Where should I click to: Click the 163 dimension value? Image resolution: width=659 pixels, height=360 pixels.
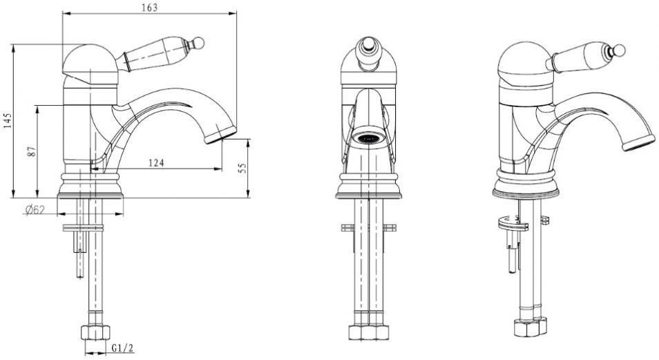coord(150,8)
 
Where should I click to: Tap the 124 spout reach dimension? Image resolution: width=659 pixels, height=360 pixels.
coord(156,162)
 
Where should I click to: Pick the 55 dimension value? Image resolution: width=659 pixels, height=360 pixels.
coord(242,168)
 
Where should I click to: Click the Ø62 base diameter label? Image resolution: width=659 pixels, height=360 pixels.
coord(35,209)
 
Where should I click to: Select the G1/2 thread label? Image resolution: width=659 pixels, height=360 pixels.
coord(122,348)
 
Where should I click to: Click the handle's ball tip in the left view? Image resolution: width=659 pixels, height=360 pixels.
coord(199,42)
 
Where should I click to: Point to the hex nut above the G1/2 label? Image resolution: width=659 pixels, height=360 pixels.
coord(95,332)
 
